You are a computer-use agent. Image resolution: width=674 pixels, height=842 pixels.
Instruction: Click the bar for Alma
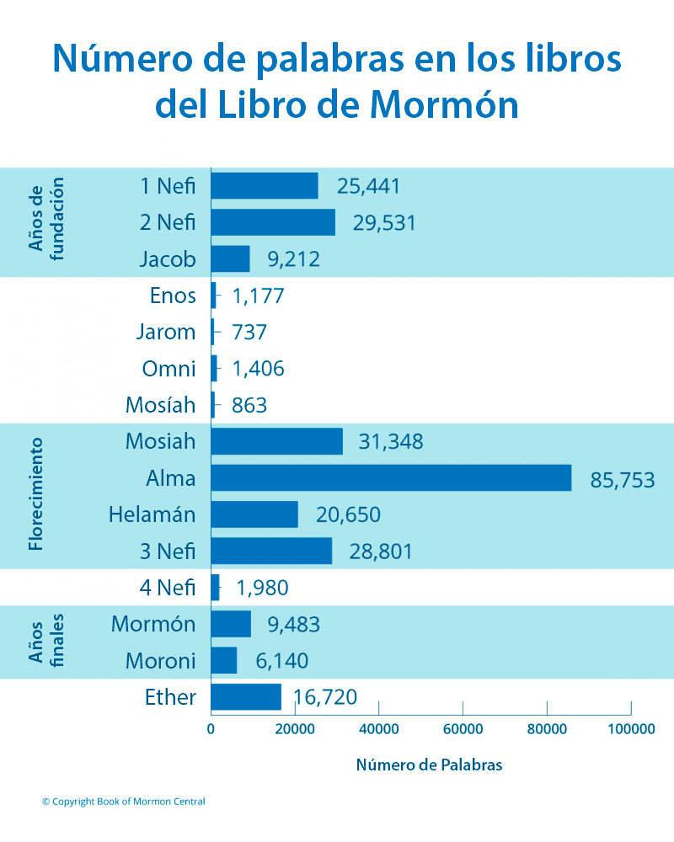click(x=391, y=478)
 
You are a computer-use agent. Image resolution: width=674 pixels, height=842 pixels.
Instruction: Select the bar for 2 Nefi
click(x=273, y=222)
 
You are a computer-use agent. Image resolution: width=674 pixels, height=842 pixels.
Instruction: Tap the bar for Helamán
click(x=254, y=514)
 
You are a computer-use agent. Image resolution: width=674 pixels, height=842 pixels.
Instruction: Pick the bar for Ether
click(x=246, y=697)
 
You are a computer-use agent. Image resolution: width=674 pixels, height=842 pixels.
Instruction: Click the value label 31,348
click(x=391, y=441)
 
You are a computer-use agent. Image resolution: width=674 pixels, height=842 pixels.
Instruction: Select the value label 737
click(x=249, y=332)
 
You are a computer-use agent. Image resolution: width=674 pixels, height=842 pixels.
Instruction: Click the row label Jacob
click(x=168, y=259)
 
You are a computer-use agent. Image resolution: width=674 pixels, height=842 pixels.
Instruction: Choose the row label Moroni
click(x=160, y=661)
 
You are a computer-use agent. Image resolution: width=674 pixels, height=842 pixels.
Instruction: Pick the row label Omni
click(x=168, y=369)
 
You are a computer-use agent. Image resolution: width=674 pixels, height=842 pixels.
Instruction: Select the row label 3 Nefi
click(x=168, y=552)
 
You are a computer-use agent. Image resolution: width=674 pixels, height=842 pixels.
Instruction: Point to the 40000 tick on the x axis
click(x=378, y=729)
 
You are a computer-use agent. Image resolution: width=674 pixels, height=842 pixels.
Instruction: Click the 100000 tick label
click(x=629, y=729)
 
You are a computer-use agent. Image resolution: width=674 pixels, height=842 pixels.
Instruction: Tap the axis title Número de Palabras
click(x=429, y=765)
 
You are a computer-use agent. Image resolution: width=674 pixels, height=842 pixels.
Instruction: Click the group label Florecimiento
click(x=35, y=494)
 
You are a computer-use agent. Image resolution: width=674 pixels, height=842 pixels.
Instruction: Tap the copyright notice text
click(x=123, y=802)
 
